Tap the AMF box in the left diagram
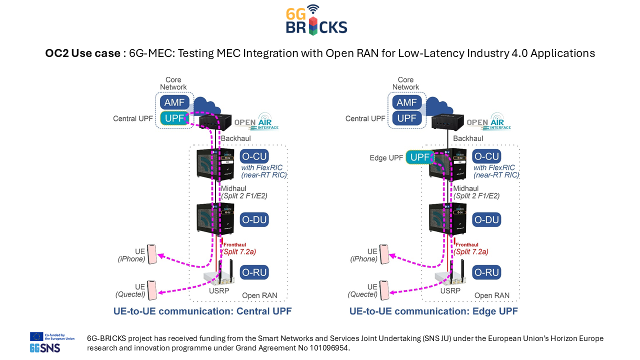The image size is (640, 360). tap(175, 102)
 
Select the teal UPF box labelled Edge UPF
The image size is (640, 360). tap(419, 157)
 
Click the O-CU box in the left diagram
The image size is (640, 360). tap(254, 156)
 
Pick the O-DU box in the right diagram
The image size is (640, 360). tap(486, 219)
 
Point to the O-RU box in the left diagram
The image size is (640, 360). tap(254, 272)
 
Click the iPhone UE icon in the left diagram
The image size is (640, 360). tap(152, 254)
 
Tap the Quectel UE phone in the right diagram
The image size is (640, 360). tap(384, 290)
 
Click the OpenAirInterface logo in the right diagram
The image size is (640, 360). tap(488, 123)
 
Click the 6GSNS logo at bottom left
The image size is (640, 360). tap(44, 348)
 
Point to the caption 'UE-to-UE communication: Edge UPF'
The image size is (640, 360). tap(433, 311)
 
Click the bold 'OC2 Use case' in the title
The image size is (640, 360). tap(82, 53)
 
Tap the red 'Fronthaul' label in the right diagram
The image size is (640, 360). tap(470, 244)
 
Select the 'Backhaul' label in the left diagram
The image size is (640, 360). tap(236, 138)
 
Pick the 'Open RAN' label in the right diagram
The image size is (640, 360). tap(491, 295)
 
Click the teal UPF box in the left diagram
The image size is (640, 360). tap(175, 118)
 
